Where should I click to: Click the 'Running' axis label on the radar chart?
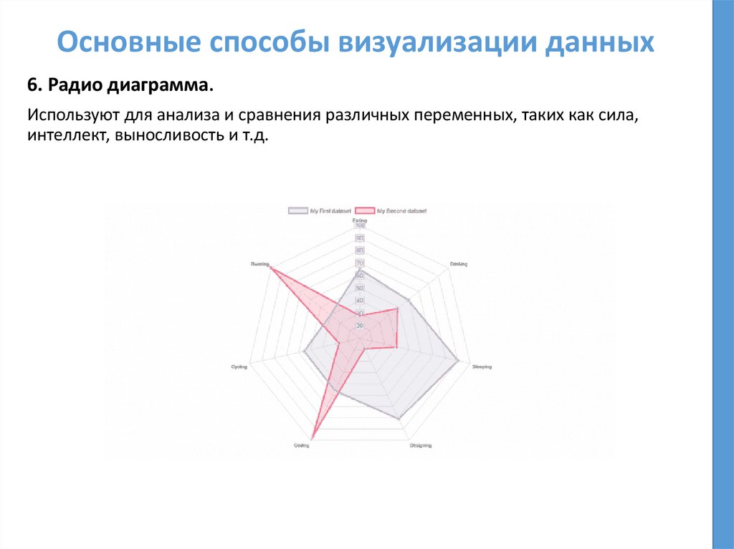click(259, 263)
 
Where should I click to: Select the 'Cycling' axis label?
click(239, 367)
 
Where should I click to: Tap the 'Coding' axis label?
click(302, 446)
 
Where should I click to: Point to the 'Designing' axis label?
click(421, 446)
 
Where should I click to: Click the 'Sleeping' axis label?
click(482, 367)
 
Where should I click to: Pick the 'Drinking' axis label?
click(459, 263)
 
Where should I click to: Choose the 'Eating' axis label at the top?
click(360, 220)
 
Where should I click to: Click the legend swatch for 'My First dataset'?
click(297, 210)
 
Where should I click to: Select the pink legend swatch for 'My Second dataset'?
click(366, 210)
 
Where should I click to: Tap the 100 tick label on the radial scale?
click(360, 226)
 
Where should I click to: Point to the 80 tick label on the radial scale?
click(360, 251)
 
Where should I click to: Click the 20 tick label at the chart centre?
click(360, 326)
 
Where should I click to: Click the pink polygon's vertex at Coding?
click(313, 437)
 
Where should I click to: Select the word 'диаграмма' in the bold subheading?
click(160, 86)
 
